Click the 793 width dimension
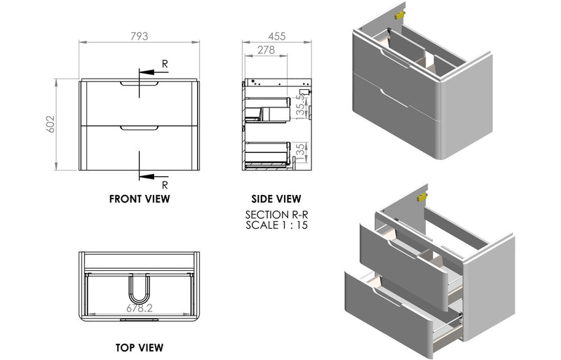point(140,36)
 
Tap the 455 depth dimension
point(277,36)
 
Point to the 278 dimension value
point(265,50)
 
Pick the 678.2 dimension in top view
point(139,307)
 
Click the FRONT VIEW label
point(140,199)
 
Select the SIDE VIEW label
point(277,199)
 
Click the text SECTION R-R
point(277,215)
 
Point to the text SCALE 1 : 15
point(277,225)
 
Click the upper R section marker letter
point(165,64)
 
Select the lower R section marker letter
point(165,185)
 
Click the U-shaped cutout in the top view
point(140,288)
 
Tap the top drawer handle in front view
point(140,85)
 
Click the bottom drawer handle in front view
point(140,128)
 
